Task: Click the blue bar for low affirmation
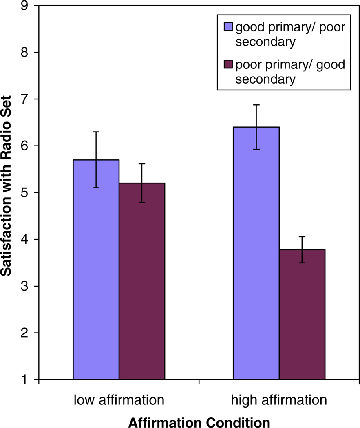96,269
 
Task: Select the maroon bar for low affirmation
142,281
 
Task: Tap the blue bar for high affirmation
256,253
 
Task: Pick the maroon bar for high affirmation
302,314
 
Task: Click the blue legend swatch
228,27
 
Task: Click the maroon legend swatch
228,64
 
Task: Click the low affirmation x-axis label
119,400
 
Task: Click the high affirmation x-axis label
279,400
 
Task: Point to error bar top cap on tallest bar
256,105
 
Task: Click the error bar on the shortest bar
302,249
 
